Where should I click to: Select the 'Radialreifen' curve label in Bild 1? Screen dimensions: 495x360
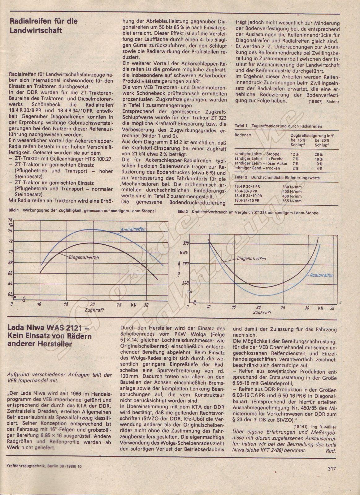point(133,229)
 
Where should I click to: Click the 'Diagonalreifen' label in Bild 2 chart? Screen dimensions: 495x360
point(251,259)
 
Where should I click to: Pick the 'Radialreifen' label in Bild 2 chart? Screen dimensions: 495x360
point(321,275)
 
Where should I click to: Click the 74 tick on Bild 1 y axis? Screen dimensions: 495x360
point(11,231)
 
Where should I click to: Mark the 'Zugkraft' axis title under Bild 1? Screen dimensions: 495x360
point(94,309)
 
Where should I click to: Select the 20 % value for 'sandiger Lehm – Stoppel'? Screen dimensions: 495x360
point(319,154)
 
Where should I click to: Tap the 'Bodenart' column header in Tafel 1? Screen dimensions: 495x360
point(243,136)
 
